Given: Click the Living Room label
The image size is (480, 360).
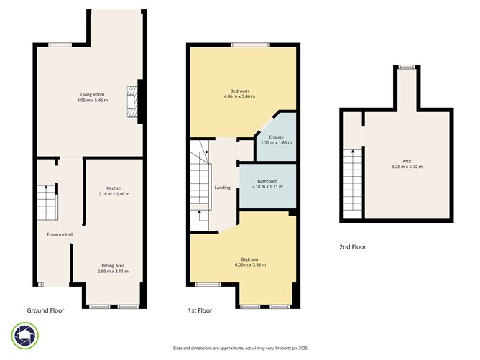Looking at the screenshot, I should point(93,94).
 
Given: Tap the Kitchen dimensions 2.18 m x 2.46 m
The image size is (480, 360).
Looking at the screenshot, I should point(114,194).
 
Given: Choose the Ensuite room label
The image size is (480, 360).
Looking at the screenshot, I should point(276,137).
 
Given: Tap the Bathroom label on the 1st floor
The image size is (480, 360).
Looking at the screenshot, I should point(267,180).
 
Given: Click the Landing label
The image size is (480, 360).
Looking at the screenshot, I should point(222,188).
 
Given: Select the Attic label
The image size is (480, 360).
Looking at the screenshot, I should point(407,161).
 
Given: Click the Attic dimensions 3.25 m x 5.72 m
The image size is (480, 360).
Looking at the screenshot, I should point(407,167).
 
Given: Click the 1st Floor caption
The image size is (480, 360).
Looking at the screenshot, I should point(201,310).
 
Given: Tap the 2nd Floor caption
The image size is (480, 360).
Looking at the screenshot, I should point(352,246).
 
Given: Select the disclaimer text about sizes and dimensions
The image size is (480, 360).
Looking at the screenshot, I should point(240,348).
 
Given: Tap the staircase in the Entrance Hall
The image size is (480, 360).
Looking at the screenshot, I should point(47,203).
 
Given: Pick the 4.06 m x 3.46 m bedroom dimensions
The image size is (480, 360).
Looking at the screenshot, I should point(240,96).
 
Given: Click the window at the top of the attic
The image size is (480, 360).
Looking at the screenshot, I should point(407,67).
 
